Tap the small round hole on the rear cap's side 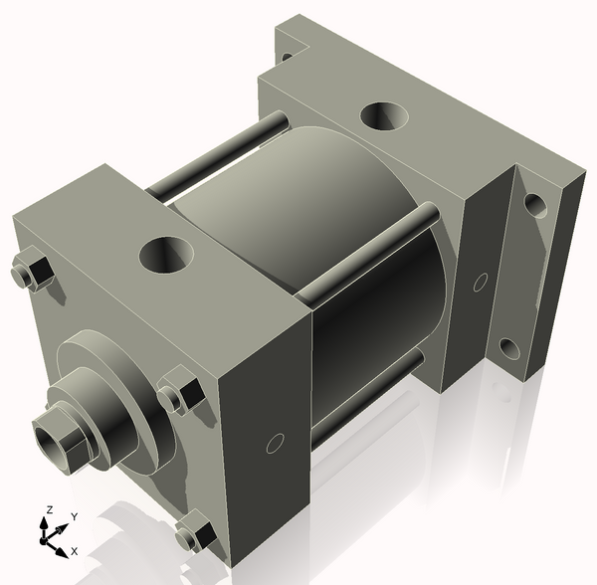[x=483, y=282]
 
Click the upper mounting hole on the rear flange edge [x=535, y=206]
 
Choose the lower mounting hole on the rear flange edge [x=509, y=348]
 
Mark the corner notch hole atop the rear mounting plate [x=286, y=56]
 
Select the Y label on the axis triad [x=74, y=516]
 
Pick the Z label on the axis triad [x=47, y=510]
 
